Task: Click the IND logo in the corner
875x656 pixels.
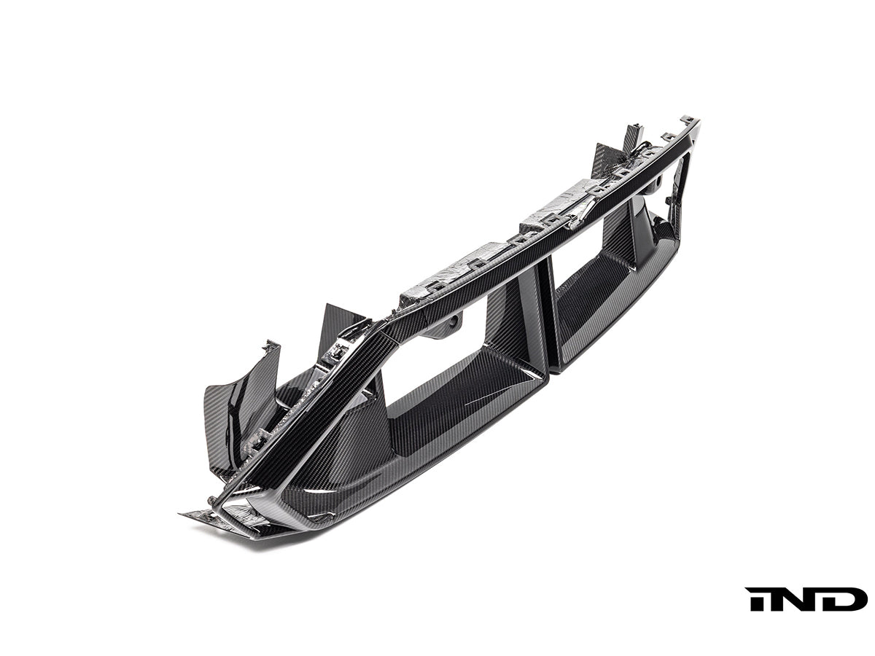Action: (806, 598)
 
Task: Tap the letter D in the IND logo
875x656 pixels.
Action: (847, 598)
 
